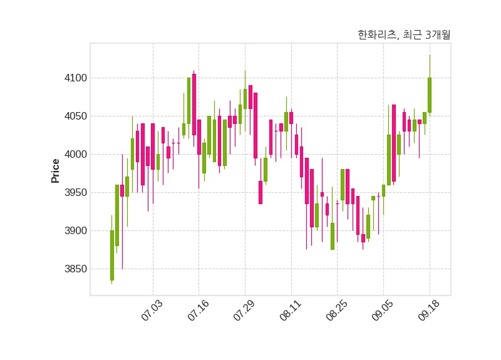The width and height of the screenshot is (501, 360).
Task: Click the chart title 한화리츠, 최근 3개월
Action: (403, 35)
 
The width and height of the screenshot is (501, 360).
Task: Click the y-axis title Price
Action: (55, 171)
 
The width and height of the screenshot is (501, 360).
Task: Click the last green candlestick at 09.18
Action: (430, 95)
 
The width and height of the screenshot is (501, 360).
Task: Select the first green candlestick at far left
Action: (112, 255)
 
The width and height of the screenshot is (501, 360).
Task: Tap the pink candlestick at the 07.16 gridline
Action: (199, 136)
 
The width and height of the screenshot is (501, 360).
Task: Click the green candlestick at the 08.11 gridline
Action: (286, 121)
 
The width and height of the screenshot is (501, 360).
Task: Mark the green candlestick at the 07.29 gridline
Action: (245, 99)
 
